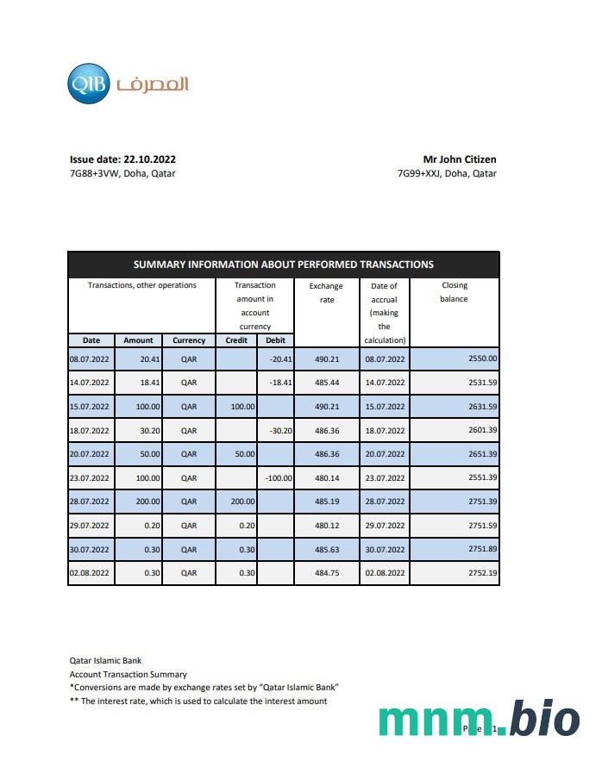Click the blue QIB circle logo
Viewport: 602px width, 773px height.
[x=88, y=84]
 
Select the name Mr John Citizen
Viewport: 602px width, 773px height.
[x=459, y=159]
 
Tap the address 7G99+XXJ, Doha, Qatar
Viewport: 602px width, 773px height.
[x=446, y=173]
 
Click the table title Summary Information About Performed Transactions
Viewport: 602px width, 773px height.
[x=283, y=265]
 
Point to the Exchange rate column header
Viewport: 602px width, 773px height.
[x=326, y=293]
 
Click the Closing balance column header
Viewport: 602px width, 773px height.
[x=454, y=292]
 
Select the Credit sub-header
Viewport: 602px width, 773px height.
[x=236, y=340]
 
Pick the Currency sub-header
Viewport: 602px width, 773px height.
[x=189, y=340]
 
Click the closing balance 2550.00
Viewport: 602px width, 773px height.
[x=481, y=358]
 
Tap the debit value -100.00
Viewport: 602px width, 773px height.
[x=279, y=477]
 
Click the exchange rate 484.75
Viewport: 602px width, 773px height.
[x=327, y=572]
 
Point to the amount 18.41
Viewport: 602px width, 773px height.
[x=139, y=383]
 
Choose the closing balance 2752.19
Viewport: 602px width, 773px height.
[x=481, y=572]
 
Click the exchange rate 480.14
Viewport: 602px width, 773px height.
[x=327, y=477]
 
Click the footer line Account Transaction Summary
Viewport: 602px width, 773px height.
[x=128, y=674]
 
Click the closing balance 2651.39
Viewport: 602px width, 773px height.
[x=481, y=454]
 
